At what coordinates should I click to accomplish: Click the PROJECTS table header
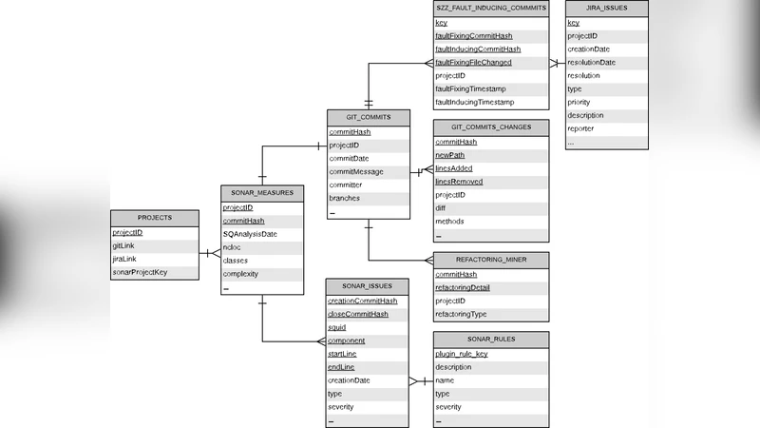click(x=155, y=218)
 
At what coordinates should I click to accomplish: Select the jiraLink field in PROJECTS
click(x=124, y=259)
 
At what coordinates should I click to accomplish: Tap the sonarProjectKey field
click(x=140, y=272)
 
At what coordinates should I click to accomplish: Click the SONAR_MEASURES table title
click(x=262, y=192)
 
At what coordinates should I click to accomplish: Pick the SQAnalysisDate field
click(x=250, y=234)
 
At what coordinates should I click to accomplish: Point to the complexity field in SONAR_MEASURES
click(x=240, y=274)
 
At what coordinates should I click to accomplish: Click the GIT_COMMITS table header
click(x=369, y=117)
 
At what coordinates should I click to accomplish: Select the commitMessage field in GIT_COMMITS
click(x=356, y=172)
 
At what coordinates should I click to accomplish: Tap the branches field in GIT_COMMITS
click(x=344, y=199)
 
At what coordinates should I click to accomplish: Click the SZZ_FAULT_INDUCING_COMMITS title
click(x=490, y=8)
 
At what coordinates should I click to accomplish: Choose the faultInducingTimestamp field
click(x=474, y=102)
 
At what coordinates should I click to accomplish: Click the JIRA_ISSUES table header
click(x=607, y=8)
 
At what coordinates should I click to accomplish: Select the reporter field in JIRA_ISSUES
click(x=581, y=128)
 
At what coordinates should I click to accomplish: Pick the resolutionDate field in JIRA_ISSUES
click(x=591, y=63)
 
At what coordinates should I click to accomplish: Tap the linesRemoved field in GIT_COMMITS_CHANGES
click(x=459, y=182)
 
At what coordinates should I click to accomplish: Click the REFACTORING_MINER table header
click(x=490, y=259)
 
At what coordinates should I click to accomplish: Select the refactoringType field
click(x=461, y=314)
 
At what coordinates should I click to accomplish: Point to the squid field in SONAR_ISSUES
click(x=337, y=327)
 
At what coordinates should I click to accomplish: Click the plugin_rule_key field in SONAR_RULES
click(x=461, y=354)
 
